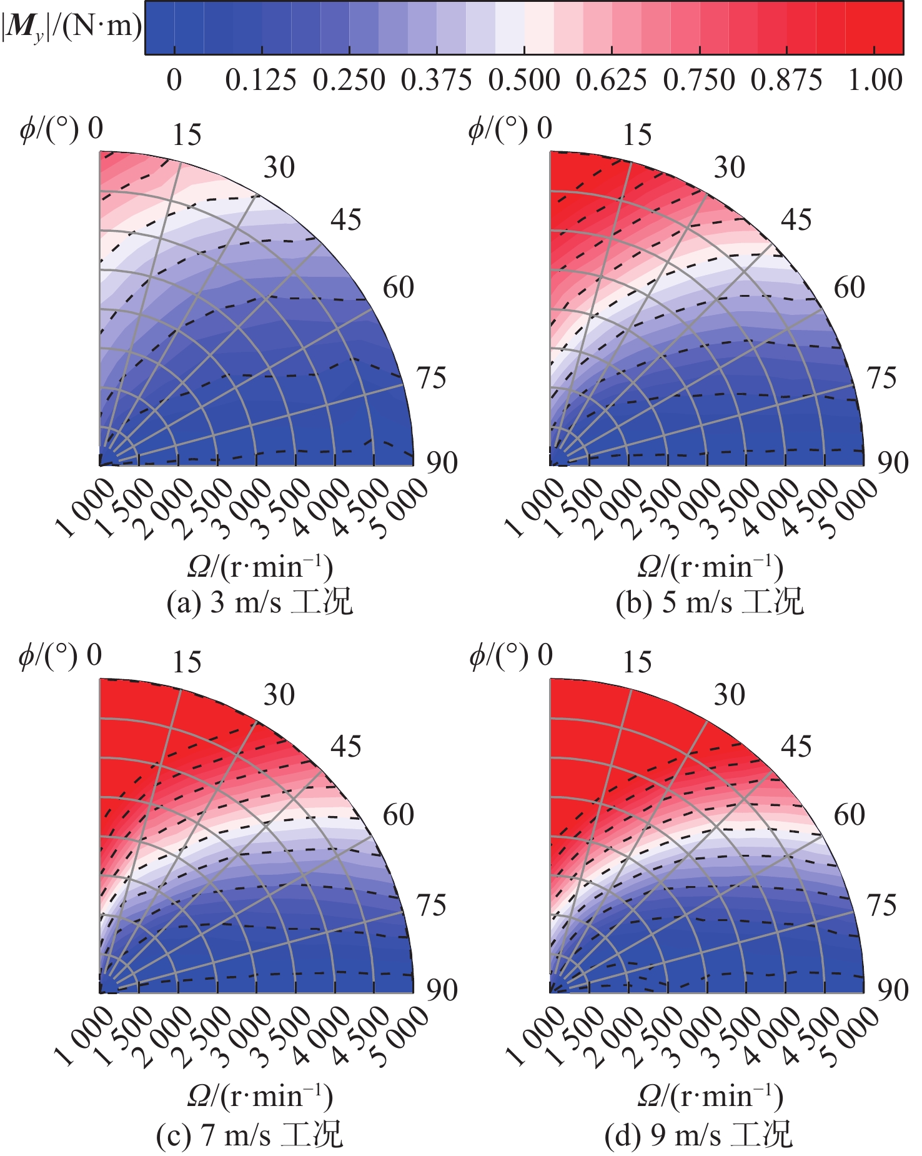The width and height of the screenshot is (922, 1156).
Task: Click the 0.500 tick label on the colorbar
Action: pyautogui.click(x=524, y=80)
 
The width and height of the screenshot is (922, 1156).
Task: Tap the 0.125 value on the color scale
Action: pyautogui.click(x=260, y=80)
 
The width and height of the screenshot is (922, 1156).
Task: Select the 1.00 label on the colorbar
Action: pyautogui.click(x=875, y=80)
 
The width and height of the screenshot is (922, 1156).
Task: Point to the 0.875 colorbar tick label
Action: pyautogui.click(x=786, y=80)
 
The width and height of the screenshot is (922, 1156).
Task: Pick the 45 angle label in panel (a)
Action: pyautogui.click(x=345, y=220)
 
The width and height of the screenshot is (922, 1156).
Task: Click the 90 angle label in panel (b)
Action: pyautogui.click(x=893, y=462)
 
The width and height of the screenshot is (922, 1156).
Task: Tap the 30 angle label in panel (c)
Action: pyautogui.click(x=279, y=695)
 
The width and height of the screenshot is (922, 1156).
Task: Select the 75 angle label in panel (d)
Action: pyautogui.click(x=881, y=905)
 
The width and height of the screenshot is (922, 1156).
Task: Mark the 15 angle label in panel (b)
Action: pyautogui.click(x=637, y=135)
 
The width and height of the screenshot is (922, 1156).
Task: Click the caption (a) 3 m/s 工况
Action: pyautogui.click(x=259, y=602)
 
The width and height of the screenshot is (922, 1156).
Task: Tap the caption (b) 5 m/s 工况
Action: pyautogui.click(x=710, y=602)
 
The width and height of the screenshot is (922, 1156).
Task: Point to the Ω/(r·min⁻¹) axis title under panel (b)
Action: pyautogui.click(x=710, y=567)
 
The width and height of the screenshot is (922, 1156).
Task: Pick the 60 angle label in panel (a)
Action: pyautogui.click(x=398, y=287)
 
